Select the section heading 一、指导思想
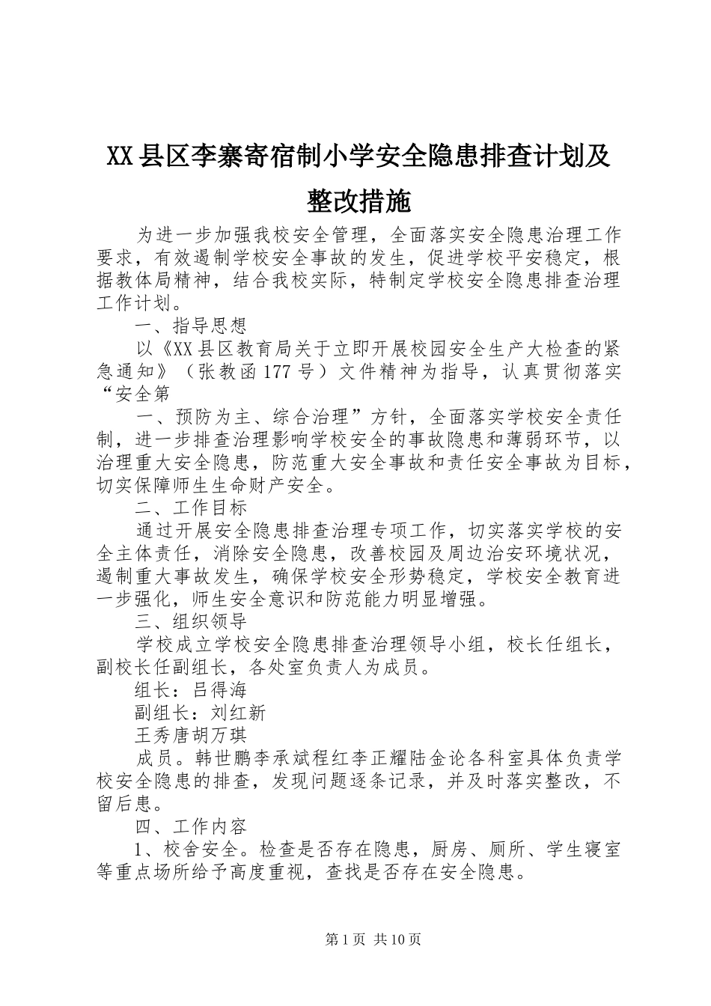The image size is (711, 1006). [x=190, y=326]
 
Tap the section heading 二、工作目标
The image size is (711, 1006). [x=190, y=508]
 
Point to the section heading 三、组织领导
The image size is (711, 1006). [x=190, y=621]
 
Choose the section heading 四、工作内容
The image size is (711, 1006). [x=190, y=827]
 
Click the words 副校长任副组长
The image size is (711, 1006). [x=162, y=667]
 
